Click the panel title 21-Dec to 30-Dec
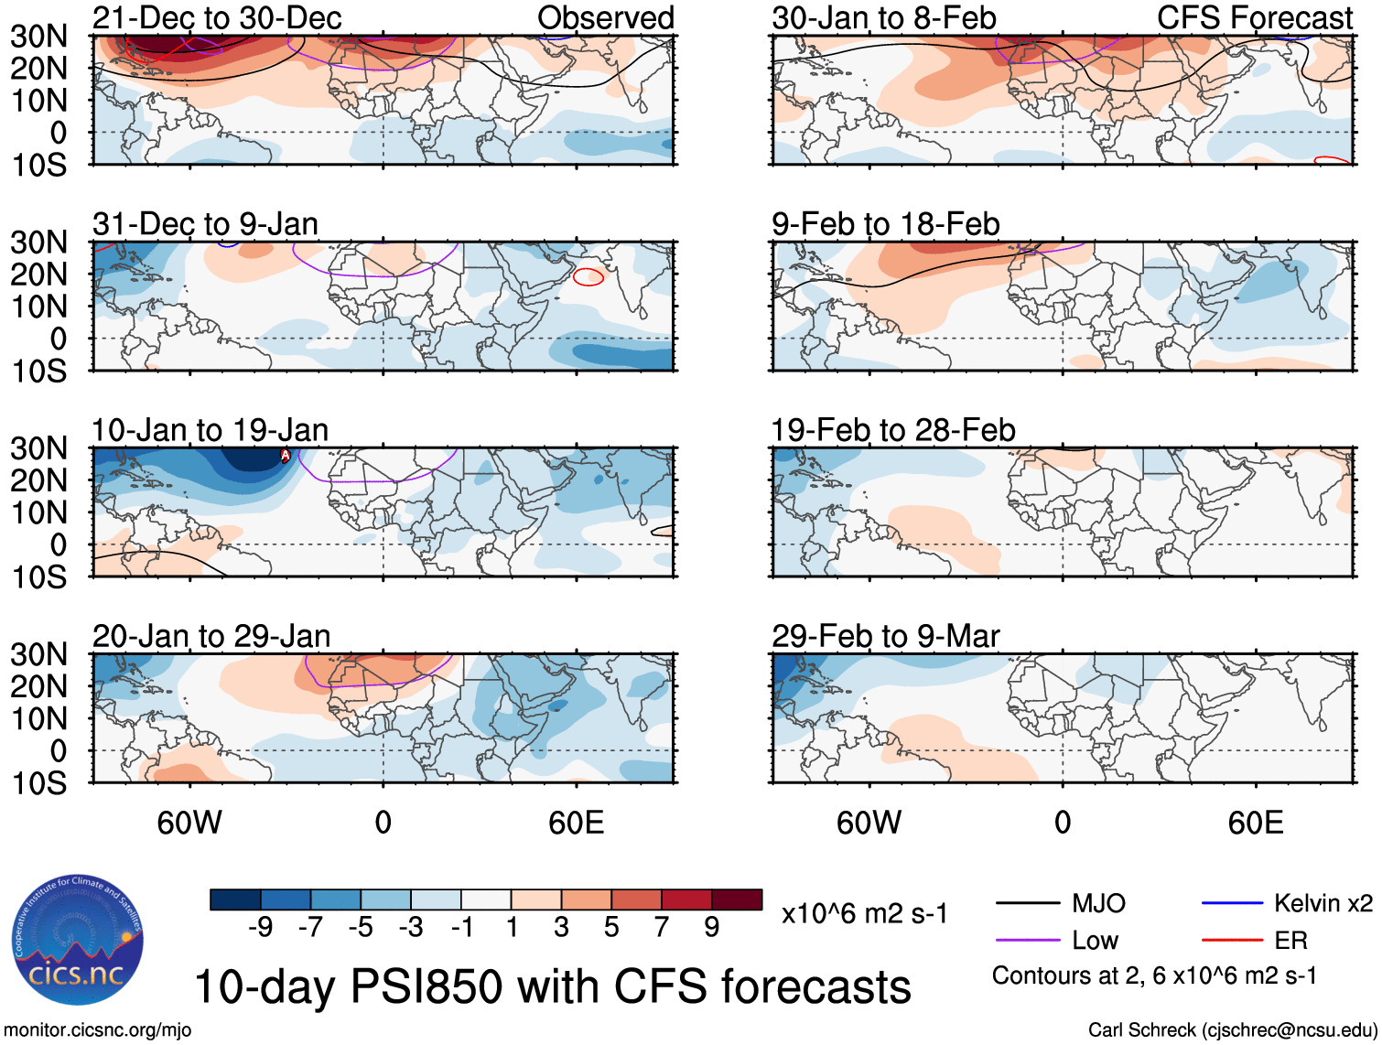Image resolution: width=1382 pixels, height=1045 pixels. click(x=217, y=17)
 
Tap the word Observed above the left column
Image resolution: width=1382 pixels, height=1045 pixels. click(x=605, y=17)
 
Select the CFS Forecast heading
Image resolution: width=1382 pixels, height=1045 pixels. click(x=1254, y=17)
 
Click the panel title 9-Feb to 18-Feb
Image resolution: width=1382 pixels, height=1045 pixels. click(x=885, y=224)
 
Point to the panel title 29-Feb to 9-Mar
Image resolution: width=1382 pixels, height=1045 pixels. click(x=885, y=636)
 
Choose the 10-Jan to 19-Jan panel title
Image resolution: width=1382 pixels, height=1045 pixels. click(x=210, y=430)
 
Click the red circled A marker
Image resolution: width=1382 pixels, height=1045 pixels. click(x=285, y=455)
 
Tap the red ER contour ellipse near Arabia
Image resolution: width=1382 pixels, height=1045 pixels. click(x=588, y=276)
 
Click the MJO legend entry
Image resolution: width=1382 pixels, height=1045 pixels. click(x=1098, y=904)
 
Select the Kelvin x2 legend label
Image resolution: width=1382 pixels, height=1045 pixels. click(x=1323, y=904)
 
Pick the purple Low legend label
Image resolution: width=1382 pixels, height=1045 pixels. click(x=1095, y=941)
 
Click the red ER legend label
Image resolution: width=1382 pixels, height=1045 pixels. click(x=1290, y=941)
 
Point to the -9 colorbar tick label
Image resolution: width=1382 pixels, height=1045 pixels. click(x=260, y=928)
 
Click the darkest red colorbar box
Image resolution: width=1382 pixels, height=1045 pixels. click(x=737, y=900)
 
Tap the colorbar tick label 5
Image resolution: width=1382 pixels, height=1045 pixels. click(x=611, y=928)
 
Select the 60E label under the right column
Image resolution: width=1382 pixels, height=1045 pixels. click(x=1255, y=823)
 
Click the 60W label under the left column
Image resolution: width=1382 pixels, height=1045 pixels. click(x=189, y=823)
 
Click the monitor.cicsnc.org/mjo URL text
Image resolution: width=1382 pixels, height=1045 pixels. click(x=98, y=1030)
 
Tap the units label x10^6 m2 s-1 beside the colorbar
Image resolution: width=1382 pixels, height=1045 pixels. click(x=864, y=913)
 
